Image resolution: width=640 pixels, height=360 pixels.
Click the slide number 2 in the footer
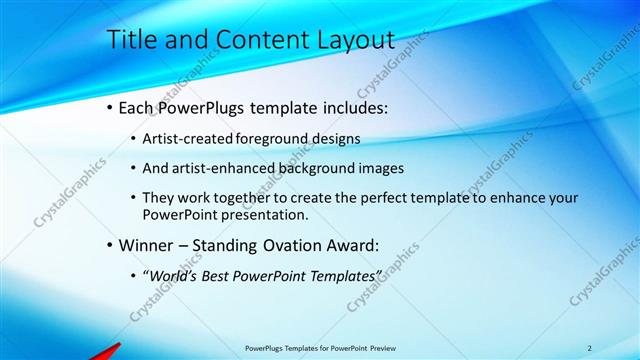pos(589,347)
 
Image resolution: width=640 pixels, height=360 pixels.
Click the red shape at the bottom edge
pos(106,351)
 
